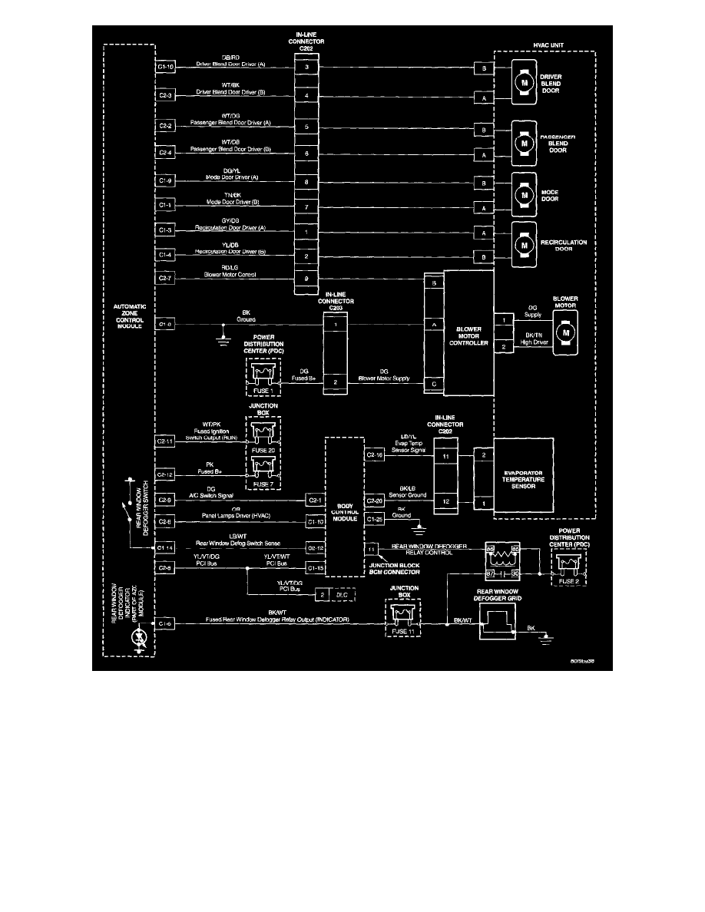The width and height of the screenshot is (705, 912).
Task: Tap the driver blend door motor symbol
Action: (x=525, y=82)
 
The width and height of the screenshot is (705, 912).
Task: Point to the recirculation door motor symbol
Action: (x=525, y=244)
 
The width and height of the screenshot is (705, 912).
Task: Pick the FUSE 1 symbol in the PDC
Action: (x=264, y=374)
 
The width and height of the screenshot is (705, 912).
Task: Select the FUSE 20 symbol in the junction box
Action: (x=263, y=434)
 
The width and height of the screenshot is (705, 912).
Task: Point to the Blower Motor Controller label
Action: (x=470, y=335)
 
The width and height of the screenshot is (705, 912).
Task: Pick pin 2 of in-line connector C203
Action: (x=335, y=382)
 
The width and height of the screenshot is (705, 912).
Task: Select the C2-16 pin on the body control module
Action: (x=374, y=454)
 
